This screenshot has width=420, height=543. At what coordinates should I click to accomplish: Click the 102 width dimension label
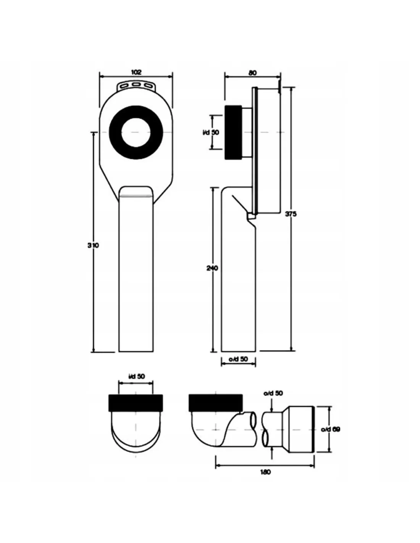point(136,72)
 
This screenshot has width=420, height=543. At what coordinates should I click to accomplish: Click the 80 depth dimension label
point(253,73)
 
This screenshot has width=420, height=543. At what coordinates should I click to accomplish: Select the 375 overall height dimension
point(291,214)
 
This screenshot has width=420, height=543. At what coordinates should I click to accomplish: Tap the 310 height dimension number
point(93,246)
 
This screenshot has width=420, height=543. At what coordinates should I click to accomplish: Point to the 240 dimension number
point(212,268)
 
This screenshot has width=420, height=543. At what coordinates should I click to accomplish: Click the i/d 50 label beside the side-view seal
point(210,132)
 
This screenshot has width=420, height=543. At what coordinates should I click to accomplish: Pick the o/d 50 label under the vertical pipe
point(238,359)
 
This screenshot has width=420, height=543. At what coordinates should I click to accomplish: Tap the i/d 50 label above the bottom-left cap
point(136,377)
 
